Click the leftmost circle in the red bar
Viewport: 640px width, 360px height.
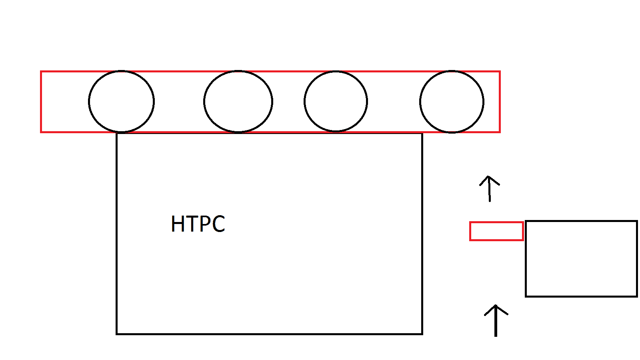click(x=121, y=102)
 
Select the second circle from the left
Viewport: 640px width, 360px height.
click(x=238, y=102)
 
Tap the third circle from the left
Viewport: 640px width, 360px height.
click(x=336, y=102)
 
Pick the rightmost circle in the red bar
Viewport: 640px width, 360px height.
click(x=452, y=102)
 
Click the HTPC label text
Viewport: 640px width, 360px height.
click(x=198, y=224)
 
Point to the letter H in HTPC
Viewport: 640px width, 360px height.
click(x=177, y=224)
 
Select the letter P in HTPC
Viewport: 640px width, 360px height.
click(x=204, y=224)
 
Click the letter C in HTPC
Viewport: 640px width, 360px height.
click(x=218, y=224)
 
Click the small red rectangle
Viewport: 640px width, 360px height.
click(x=496, y=231)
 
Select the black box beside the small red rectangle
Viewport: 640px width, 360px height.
click(x=581, y=258)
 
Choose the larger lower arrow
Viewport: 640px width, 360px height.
click(x=496, y=320)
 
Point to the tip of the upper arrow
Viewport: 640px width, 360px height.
click(x=488, y=176)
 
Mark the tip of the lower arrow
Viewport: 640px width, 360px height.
click(x=496, y=305)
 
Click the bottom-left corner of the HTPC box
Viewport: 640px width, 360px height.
click(x=117, y=334)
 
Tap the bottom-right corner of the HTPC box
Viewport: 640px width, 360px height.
click(x=422, y=334)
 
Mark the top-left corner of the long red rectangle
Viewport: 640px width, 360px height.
click(x=41, y=72)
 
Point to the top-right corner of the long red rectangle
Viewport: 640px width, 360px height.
click(x=500, y=72)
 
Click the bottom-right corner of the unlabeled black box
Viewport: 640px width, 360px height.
click(x=636, y=296)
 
